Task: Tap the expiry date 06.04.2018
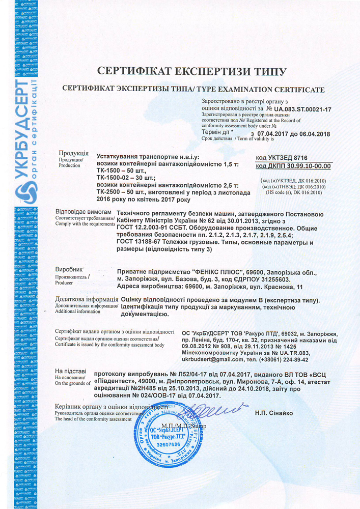[312, 133]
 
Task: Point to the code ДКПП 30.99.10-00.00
[293, 166]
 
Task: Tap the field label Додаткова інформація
[83, 299]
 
